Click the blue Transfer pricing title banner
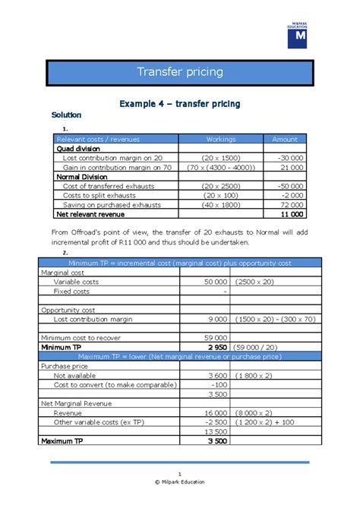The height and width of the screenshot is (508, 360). [x=179, y=72]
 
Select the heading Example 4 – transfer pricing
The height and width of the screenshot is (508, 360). [x=179, y=103]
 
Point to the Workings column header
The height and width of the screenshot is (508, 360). [x=221, y=139]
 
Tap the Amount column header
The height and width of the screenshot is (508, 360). [x=285, y=139]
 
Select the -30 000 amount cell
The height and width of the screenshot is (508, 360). [x=292, y=157]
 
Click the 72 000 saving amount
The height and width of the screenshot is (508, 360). [x=292, y=205]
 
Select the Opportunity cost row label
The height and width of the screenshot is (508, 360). [x=68, y=309]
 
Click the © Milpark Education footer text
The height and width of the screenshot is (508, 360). [x=180, y=481]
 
